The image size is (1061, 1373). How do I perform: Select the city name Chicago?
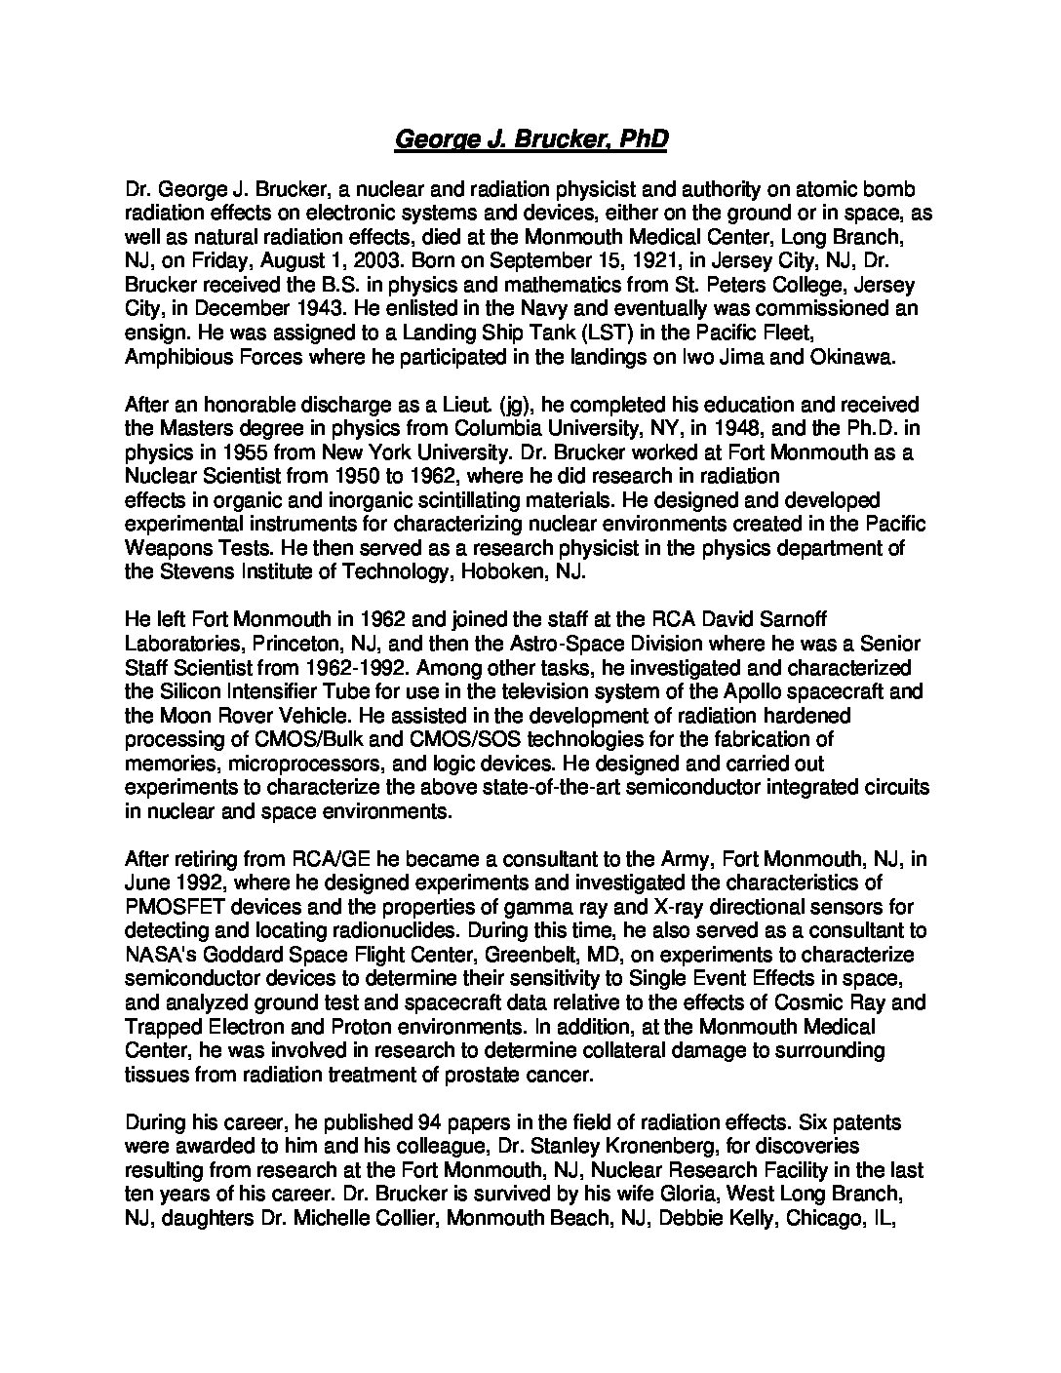click(823, 1215)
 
